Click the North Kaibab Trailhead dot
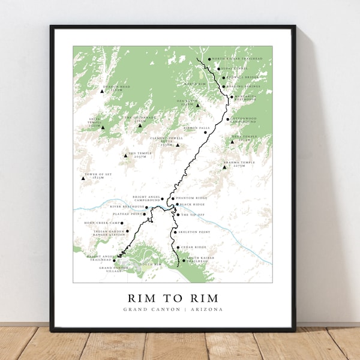tap(209, 59)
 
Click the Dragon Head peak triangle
tap(102, 92)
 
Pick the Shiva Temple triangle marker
tap(103, 127)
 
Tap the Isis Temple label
tap(140, 154)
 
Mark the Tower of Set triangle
tap(83, 178)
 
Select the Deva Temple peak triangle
tap(232, 142)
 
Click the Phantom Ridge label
tap(190, 198)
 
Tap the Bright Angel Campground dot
tap(162, 199)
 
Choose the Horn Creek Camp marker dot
tap(122, 223)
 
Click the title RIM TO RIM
tap(173, 298)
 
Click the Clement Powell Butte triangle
tap(178, 145)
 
